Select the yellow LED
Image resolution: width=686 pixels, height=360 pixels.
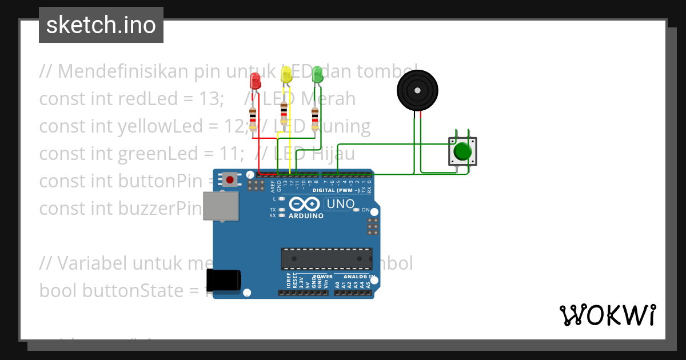click(286, 73)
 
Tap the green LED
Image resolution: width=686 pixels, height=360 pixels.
click(317, 74)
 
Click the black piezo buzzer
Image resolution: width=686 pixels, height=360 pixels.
click(417, 90)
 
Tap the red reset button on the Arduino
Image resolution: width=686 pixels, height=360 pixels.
click(230, 179)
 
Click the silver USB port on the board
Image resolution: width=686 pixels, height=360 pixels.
click(221, 206)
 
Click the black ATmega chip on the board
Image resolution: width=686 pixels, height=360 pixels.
click(326, 258)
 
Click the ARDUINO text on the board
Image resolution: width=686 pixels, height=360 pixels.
click(306, 217)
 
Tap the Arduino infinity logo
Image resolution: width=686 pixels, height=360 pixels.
click(304, 205)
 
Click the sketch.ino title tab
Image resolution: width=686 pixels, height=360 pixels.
click(101, 25)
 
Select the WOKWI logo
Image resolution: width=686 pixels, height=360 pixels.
click(607, 315)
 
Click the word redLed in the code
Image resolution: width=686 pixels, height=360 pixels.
click(143, 99)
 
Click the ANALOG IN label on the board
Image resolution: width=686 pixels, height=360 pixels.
click(360, 277)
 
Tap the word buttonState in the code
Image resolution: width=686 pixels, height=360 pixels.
click(141, 291)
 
